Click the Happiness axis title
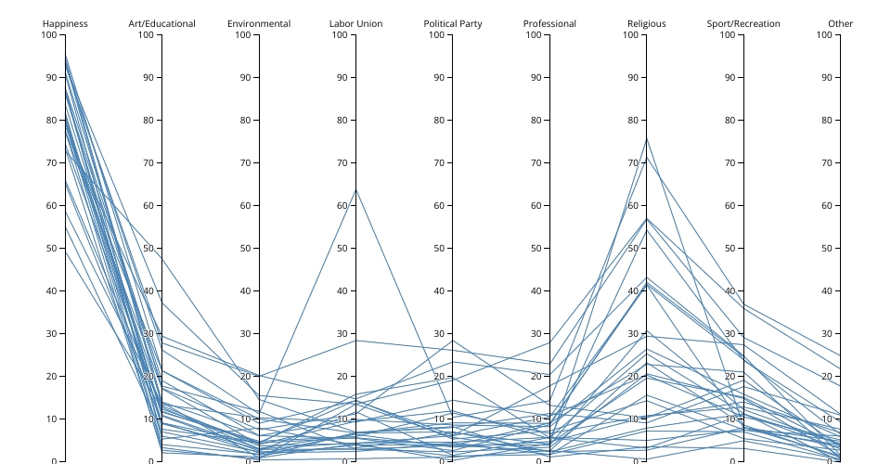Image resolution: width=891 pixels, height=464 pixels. click(x=65, y=23)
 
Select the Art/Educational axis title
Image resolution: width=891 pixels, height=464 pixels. click(x=161, y=23)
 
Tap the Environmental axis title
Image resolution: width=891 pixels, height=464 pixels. click(x=259, y=23)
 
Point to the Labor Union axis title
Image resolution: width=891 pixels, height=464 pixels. click(x=355, y=23)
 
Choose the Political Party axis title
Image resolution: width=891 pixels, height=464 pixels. click(x=453, y=23)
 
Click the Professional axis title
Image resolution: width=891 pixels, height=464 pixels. click(x=549, y=23)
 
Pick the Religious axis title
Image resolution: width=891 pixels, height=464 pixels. click(x=646, y=23)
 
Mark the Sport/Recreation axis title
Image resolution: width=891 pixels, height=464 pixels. click(x=743, y=23)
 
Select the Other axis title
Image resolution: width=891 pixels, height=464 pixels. click(x=840, y=23)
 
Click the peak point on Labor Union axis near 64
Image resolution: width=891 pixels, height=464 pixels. click(x=355, y=188)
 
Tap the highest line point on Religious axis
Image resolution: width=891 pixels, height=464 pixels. click(x=647, y=137)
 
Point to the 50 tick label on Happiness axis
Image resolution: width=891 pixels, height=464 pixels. click(x=51, y=248)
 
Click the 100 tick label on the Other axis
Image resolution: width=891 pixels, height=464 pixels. click(x=823, y=35)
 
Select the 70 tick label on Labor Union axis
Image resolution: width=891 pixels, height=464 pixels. click(x=342, y=162)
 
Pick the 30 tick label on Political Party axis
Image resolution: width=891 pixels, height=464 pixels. click(x=438, y=333)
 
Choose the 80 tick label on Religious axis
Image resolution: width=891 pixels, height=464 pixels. click(x=632, y=121)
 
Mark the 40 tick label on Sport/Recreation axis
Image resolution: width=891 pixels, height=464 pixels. click(x=730, y=290)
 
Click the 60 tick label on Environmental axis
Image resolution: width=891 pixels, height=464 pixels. click(x=245, y=205)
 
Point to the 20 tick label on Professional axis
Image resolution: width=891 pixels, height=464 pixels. click(x=536, y=376)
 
